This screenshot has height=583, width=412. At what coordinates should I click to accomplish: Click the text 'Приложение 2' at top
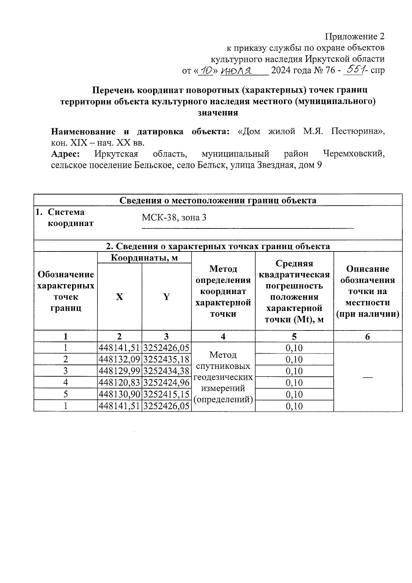pos(354,36)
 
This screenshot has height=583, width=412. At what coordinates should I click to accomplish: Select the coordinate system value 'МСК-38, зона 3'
pos(174,218)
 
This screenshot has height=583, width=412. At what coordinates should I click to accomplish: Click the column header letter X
pos(119,297)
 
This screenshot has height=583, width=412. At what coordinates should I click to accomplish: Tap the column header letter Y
pos(166,297)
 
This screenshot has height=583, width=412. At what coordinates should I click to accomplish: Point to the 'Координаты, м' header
pos(144,258)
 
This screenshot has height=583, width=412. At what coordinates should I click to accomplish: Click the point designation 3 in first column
pos(65,371)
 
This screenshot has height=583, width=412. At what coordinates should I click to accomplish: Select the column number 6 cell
pos(367,337)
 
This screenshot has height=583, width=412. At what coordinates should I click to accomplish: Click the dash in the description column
pos(367,377)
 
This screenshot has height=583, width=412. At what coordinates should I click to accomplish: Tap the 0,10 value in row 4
pos(294,383)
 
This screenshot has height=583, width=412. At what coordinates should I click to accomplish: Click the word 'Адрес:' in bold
pos(66,154)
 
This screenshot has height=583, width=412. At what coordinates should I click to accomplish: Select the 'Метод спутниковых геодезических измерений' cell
pos(223,377)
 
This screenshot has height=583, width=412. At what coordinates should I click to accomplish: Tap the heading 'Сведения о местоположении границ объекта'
pos(218,200)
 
